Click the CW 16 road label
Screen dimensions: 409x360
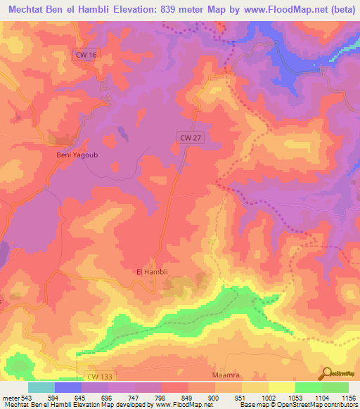click(x=84, y=54)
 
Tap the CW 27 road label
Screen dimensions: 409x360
click(x=189, y=139)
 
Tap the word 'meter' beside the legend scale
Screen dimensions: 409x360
click(x=10, y=398)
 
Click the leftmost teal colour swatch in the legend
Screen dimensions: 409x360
click(x=41, y=387)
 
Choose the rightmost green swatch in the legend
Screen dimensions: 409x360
click(x=335, y=387)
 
